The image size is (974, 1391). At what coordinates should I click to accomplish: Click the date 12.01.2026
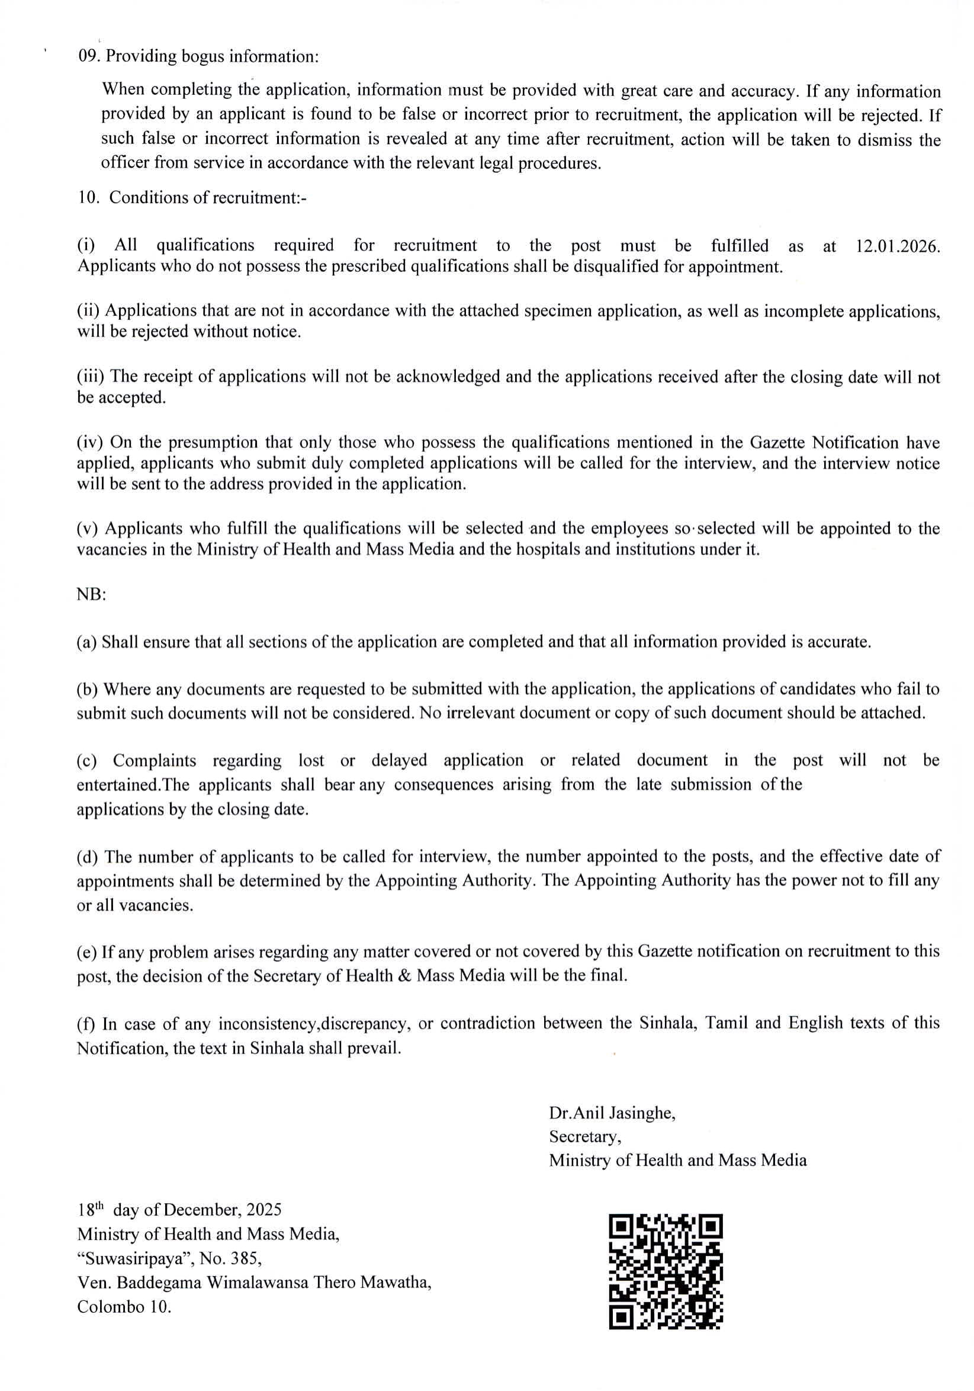click(898, 246)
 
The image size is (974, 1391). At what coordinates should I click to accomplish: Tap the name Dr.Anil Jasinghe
click(612, 1113)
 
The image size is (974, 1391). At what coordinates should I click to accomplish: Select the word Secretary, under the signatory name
click(585, 1136)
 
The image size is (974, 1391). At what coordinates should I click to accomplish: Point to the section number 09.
click(88, 56)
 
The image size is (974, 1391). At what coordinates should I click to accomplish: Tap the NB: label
click(91, 595)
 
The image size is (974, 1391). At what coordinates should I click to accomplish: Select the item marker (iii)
click(90, 376)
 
